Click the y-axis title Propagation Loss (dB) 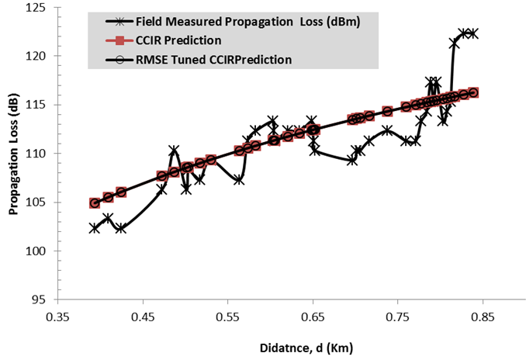tap(13, 153)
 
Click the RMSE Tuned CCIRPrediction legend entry tap(206, 59)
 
